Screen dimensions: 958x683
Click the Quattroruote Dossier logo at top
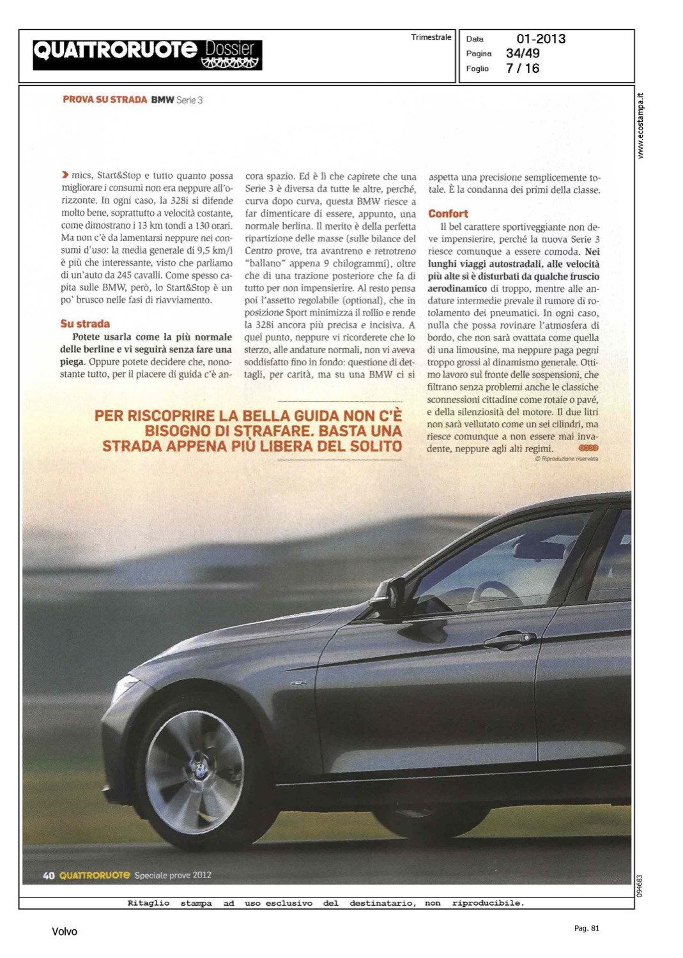pyautogui.click(x=147, y=55)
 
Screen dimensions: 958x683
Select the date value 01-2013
pyautogui.click(x=541, y=39)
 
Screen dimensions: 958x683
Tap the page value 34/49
pyautogui.click(x=523, y=54)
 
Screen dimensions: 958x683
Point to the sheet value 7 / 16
pyautogui.click(x=523, y=68)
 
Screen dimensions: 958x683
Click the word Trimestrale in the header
pyautogui.click(x=431, y=38)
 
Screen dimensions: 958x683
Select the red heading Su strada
pyautogui.click(x=85, y=324)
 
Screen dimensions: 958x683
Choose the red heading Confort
pyautogui.click(x=448, y=214)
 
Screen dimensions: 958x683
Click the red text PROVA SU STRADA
pyautogui.click(x=105, y=100)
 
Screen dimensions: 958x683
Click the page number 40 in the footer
pyautogui.click(x=49, y=876)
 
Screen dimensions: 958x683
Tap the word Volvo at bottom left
pyautogui.click(x=65, y=932)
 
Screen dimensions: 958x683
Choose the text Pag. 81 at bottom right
pyautogui.click(x=587, y=928)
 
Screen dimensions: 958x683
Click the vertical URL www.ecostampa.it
pyautogui.click(x=641, y=126)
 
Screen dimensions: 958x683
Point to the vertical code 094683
pyautogui.click(x=640, y=885)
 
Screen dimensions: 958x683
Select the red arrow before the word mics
pyautogui.click(x=65, y=175)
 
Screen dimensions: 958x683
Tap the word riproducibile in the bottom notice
pyautogui.click(x=487, y=903)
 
